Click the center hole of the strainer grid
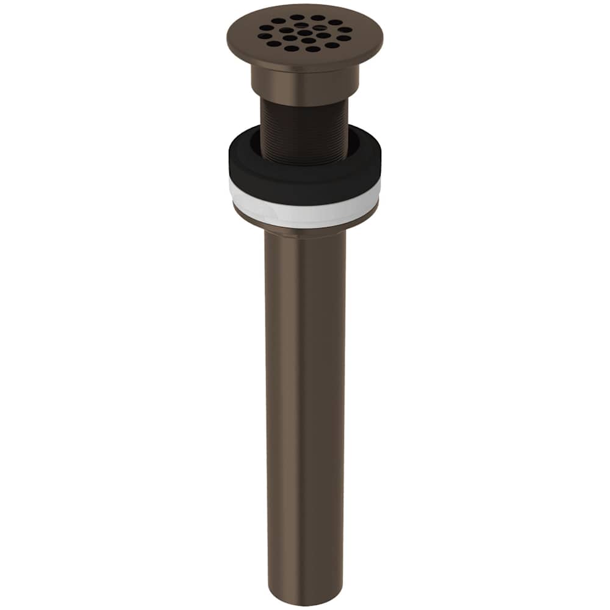coord(303,33)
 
